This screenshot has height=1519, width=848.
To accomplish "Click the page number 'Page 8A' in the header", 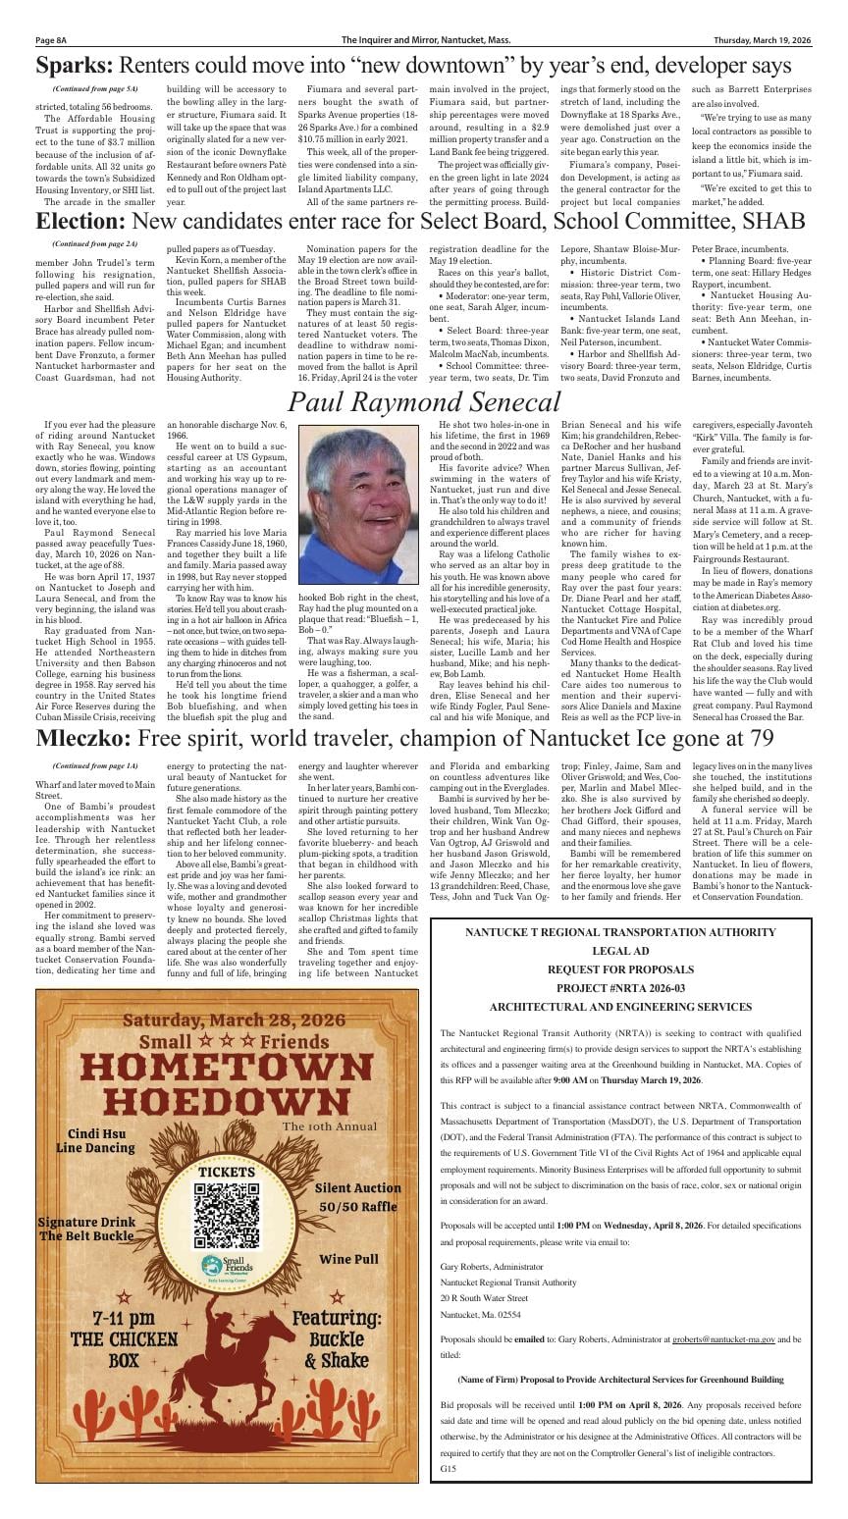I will (51, 40).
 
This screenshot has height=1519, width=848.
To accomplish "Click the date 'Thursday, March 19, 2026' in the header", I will (763, 40).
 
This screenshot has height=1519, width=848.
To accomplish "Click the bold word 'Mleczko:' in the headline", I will (87, 739).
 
